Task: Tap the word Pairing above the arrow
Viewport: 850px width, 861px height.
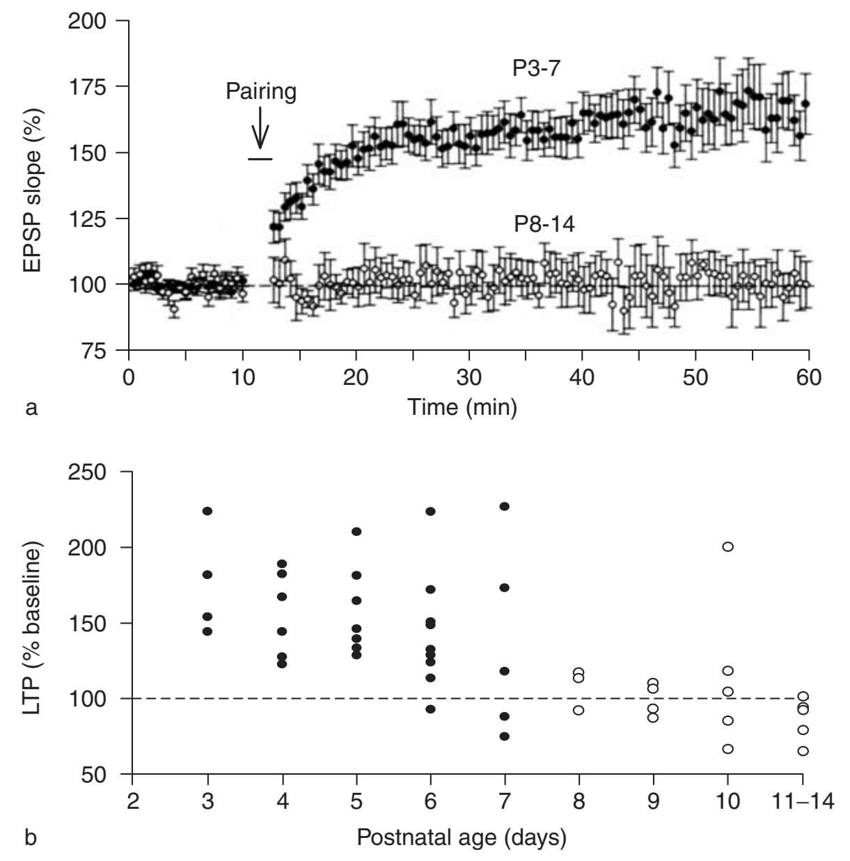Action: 261,91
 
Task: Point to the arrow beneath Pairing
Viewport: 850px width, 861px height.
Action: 260,127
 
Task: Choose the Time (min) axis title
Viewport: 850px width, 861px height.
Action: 462,406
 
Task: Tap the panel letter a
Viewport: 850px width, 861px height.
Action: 31,407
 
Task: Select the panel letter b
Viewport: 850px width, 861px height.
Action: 31,837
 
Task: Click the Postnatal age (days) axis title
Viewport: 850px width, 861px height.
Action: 462,837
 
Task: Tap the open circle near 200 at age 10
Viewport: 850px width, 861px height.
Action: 728,546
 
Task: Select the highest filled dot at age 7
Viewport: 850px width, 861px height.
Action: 505,506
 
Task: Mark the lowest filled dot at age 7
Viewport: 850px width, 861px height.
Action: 505,736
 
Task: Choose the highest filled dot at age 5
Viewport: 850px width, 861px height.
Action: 356,532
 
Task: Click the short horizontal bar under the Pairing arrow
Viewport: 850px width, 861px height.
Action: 260,159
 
